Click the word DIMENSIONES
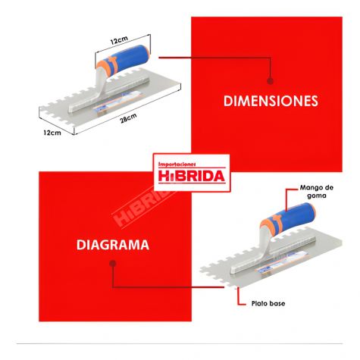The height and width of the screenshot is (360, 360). coord(271,101)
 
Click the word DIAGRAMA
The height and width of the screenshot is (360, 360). coord(113,245)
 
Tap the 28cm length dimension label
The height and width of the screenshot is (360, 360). coord(128,118)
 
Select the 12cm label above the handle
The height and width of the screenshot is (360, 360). coord(119,40)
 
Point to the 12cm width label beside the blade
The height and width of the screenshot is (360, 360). coord(52,133)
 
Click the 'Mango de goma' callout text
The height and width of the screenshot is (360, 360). coord(317,192)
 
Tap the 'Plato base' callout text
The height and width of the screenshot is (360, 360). coord(268,303)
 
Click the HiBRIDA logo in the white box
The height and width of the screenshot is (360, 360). coord(192,176)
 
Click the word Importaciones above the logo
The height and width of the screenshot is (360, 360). coord(177,164)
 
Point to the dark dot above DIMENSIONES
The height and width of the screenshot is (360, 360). coord(271,81)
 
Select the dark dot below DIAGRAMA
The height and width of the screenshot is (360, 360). coord(113,264)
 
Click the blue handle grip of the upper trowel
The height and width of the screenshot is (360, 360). coord(131,58)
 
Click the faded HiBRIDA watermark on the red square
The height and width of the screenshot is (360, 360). coord(142,206)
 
